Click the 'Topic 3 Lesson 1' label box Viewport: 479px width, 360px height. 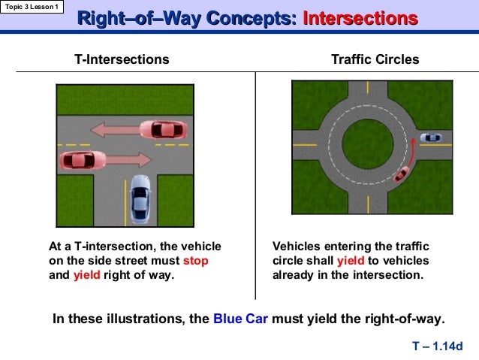tap(32, 7)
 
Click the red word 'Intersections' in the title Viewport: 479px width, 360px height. tap(360, 19)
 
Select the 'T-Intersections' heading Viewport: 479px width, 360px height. tap(122, 59)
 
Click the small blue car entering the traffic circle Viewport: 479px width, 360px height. tap(430, 138)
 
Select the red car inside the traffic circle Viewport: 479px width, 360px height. tap(402, 174)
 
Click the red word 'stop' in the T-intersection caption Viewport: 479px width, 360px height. tap(195, 260)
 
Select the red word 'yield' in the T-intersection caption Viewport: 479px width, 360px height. tap(86, 274)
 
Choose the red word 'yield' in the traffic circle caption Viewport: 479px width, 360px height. tap(350, 260)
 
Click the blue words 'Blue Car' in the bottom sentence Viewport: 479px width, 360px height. tap(239, 318)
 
